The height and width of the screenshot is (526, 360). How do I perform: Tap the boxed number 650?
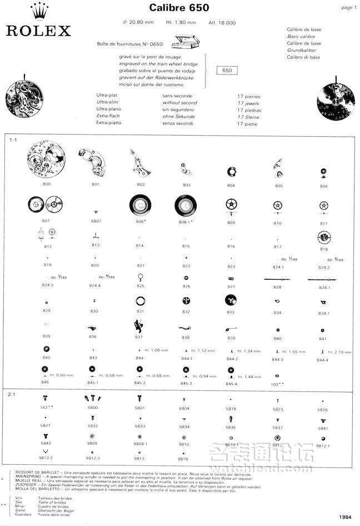click(x=226, y=71)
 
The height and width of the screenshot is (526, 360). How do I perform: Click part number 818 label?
click(x=323, y=249)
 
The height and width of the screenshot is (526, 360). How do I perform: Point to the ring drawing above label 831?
click(x=140, y=301)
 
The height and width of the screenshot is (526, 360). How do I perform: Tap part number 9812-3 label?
click(x=93, y=458)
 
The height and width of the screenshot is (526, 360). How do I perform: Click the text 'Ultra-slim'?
click(x=109, y=103)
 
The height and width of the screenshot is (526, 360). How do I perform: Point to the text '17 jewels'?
click(x=248, y=103)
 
